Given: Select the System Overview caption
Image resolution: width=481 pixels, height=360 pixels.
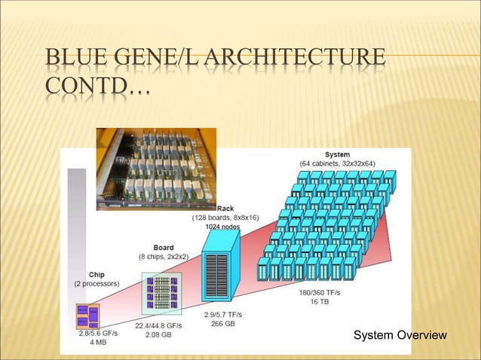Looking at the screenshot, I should pos(400,335).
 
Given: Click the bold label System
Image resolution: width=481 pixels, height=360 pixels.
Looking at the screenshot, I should pos(337,154).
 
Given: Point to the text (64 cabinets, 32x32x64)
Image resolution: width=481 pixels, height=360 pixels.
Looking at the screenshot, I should pos(337,163).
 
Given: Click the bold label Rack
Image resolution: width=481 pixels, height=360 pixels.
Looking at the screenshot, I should pos(225,208).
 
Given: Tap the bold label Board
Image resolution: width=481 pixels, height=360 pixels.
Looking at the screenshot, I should pos(164,247).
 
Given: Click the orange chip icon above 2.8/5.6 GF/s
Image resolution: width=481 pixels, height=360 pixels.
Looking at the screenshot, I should pos(87,316).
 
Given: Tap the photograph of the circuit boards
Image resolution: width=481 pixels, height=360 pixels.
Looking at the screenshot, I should pos(156,169).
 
